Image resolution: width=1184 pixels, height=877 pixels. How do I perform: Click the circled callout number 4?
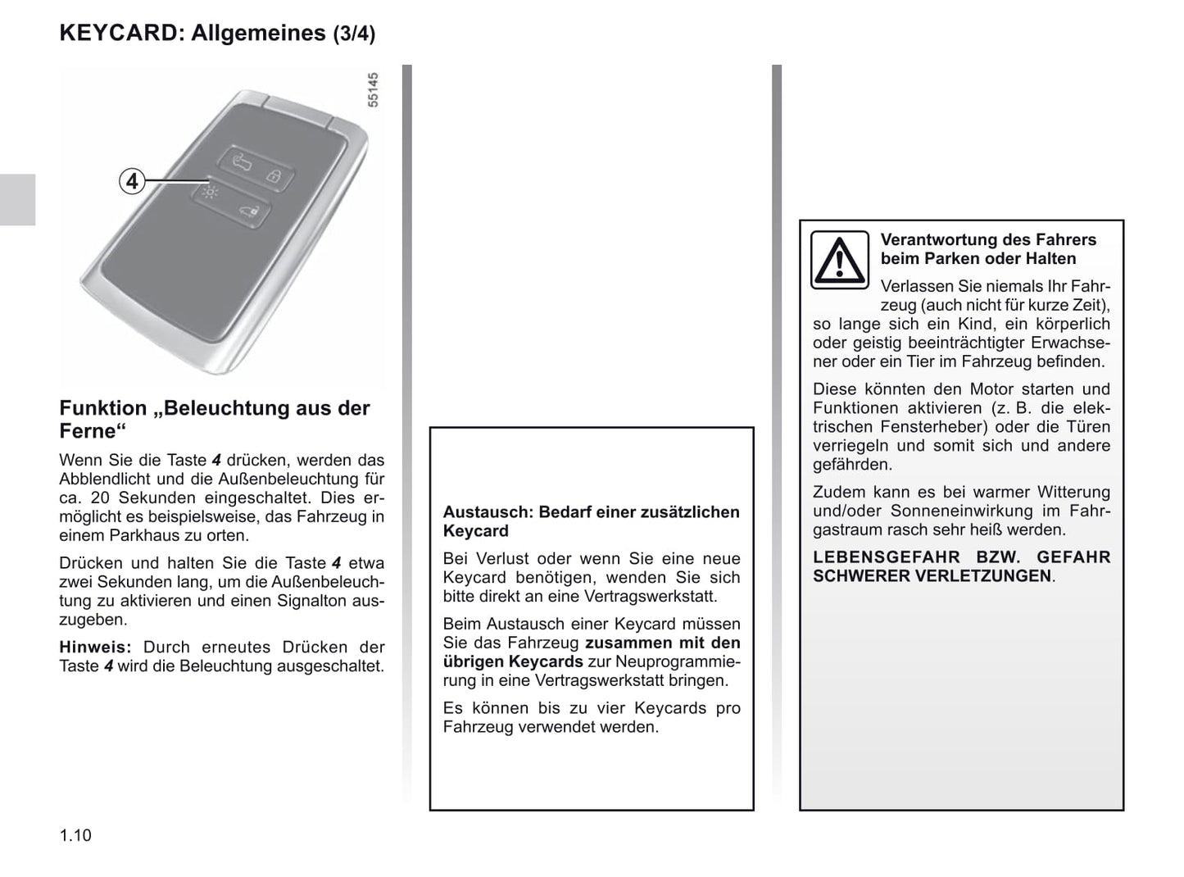pos(132,180)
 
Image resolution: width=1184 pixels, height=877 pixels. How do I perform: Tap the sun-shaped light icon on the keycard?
pos(211,193)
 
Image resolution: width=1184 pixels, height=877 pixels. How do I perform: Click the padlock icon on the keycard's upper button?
pos(274,175)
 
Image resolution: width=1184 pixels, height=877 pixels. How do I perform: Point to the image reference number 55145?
pos(373,90)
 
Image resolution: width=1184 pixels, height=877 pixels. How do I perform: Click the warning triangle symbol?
pos(839,260)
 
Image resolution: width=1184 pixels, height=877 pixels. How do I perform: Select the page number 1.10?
pos(75,835)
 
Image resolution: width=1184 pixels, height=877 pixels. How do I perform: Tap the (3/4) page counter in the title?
pos(354,34)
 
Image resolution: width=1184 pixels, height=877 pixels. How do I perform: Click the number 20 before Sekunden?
pos(100,498)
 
